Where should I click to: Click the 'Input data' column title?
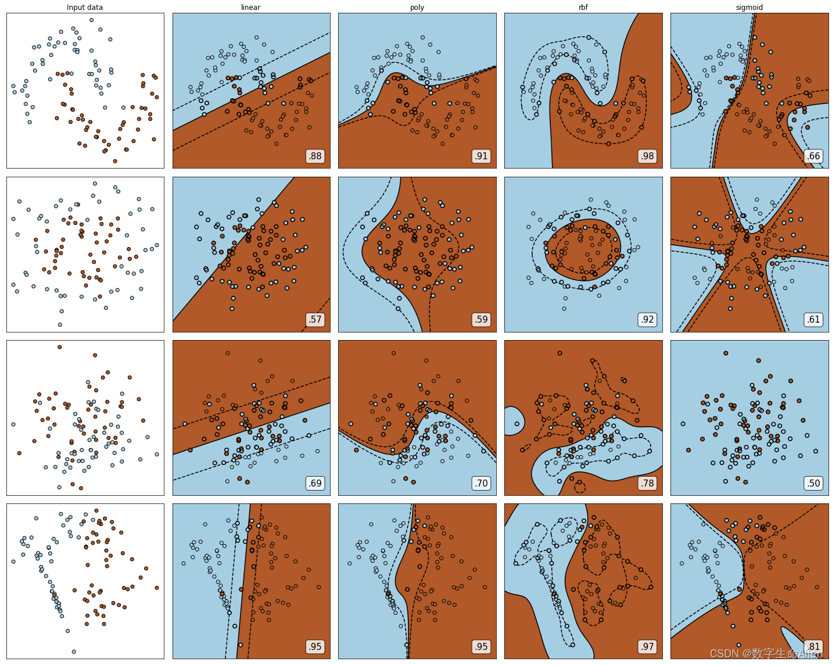pos(85,7)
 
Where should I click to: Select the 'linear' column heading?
pos(250,7)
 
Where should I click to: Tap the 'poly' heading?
pos(417,7)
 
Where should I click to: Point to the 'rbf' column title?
pos(583,7)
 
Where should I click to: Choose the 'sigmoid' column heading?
pos(749,7)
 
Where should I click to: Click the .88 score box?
pos(315,156)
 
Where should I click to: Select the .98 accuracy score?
pos(647,156)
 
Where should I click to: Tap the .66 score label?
pos(813,156)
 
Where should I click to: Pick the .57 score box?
pos(315,320)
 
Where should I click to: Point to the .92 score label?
pos(647,320)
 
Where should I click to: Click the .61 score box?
pos(813,320)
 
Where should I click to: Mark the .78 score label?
pos(647,483)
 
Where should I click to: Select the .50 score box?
pos(813,483)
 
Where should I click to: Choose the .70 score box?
pos(481,483)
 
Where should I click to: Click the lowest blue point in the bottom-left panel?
pos(74,652)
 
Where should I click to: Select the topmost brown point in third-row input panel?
pos(59,347)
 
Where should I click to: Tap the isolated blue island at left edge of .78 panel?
pos(514,421)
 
